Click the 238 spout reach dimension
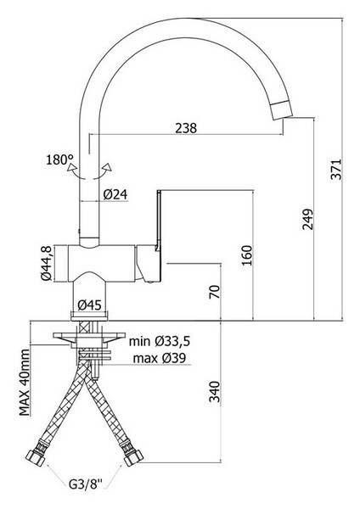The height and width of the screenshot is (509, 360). point(186,128)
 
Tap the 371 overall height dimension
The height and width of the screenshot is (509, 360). point(336,169)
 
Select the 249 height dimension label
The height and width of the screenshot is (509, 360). point(307,219)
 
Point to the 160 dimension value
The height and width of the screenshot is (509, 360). point(247,255)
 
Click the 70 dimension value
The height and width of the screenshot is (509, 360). point(215,292)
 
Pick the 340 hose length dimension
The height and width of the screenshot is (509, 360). point(215,391)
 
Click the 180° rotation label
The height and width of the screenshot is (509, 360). point(59,159)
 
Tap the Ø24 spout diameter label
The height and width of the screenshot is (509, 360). point(115,195)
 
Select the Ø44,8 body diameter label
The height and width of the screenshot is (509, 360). point(46,263)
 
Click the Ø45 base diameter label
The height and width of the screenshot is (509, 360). point(90,305)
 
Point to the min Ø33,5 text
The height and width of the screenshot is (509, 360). point(160,341)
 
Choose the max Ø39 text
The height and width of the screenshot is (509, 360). point(160,358)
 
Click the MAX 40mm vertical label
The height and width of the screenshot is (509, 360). point(25,383)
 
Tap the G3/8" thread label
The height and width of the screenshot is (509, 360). point(86,485)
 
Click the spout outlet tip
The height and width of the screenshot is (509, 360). point(283,111)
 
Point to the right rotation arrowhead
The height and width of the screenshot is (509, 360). point(107,167)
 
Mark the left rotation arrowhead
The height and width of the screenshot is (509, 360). point(71,168)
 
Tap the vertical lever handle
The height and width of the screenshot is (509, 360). point(159,221)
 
